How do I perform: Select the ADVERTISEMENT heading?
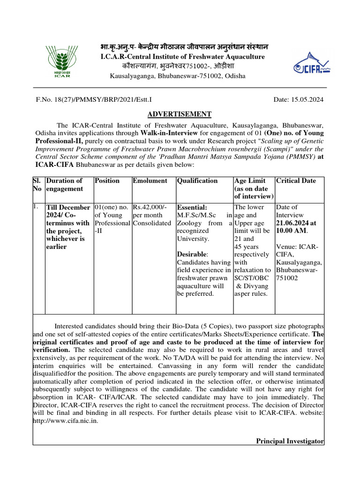[180, 114]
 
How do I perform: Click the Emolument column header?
[150, 180]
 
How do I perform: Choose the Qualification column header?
[197, 180]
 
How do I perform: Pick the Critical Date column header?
[296, 180]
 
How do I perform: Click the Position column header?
[107, 180]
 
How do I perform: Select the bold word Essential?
[192, 207]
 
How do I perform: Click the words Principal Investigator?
[290, 441]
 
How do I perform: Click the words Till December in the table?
[68, 207]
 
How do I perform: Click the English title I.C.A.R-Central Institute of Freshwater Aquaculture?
[183, 57]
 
